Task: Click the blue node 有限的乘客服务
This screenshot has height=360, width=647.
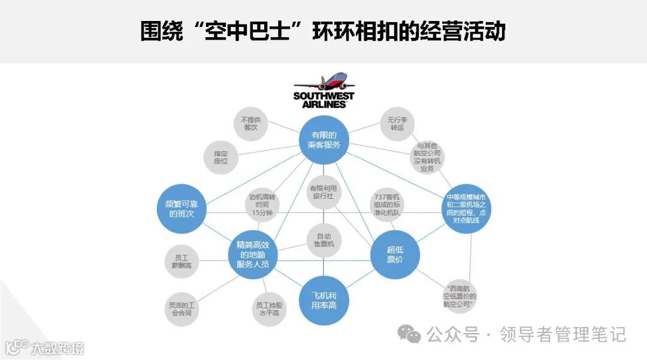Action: pos(324,140)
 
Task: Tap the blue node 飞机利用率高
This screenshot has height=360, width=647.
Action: pos(323,300)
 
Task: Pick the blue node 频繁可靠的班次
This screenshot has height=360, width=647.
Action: pos(182,208)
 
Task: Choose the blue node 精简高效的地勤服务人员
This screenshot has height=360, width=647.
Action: pos(252,254)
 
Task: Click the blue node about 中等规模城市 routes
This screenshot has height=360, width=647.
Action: pos(467,208)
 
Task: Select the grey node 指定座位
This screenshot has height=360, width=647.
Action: pos(220,158)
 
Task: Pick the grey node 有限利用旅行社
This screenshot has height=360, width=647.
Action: pos(323,192)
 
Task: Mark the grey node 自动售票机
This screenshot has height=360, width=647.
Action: pos(323,241)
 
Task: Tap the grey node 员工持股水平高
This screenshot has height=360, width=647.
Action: pos(268,308)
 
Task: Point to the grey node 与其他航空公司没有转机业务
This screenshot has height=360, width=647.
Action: pos(429,157)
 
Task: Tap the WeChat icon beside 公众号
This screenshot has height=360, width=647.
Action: pos(410,335)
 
